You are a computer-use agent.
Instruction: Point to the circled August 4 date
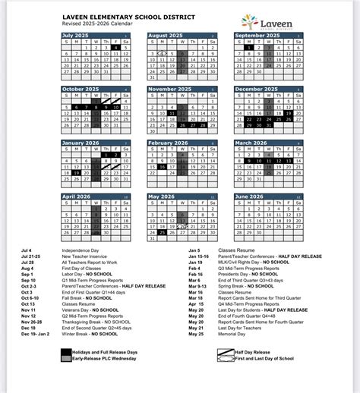(162, 54)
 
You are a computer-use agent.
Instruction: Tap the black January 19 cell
(76, 173)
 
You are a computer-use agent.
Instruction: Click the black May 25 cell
(162, 233)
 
